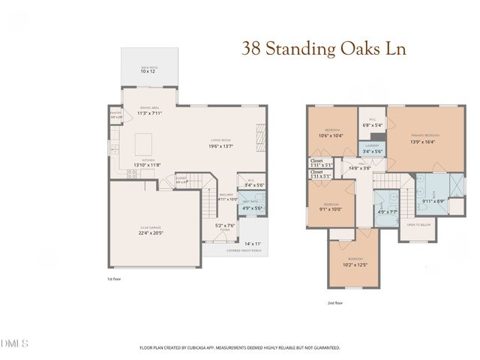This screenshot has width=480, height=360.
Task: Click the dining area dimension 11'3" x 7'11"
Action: click(150, 114)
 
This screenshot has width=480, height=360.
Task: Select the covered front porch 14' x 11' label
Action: click(252, 244)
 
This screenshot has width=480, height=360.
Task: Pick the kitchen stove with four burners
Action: click(133, 175)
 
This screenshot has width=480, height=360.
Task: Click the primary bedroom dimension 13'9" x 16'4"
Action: click(423, 141)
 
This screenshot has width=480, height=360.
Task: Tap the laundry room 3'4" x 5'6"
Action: click(373, 151)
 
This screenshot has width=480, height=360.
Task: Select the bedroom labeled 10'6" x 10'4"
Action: click(331, 135)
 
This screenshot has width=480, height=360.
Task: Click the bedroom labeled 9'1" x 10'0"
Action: click(331, 209)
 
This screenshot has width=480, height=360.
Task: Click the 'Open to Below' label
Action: click(417, 225)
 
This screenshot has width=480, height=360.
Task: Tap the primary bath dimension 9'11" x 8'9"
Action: click(433, 201)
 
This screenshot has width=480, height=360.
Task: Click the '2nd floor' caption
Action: click(336, 302)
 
